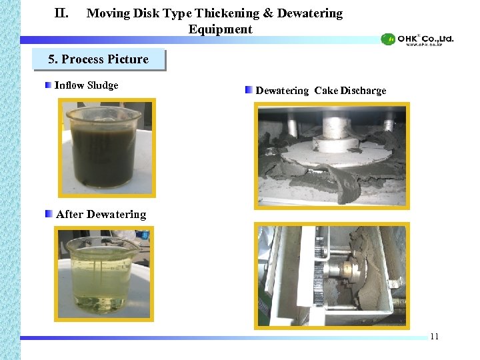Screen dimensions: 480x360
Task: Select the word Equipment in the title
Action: (220, 29)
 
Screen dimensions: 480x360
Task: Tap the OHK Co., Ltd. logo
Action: (417, 39)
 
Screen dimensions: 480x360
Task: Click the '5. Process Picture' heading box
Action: (99, 59)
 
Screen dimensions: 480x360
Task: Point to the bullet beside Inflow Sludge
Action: (49, 85)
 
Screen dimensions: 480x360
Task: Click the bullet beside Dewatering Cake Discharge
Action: (249, 90)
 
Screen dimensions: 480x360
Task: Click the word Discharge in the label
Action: (363, 91)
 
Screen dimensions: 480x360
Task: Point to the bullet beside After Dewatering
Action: (49, 214)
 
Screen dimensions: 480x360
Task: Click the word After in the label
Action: (69, 214)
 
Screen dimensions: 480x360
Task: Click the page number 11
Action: (434, 336)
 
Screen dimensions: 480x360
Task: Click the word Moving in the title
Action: (108, 13)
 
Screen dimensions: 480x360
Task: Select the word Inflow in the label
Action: (70, 85)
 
